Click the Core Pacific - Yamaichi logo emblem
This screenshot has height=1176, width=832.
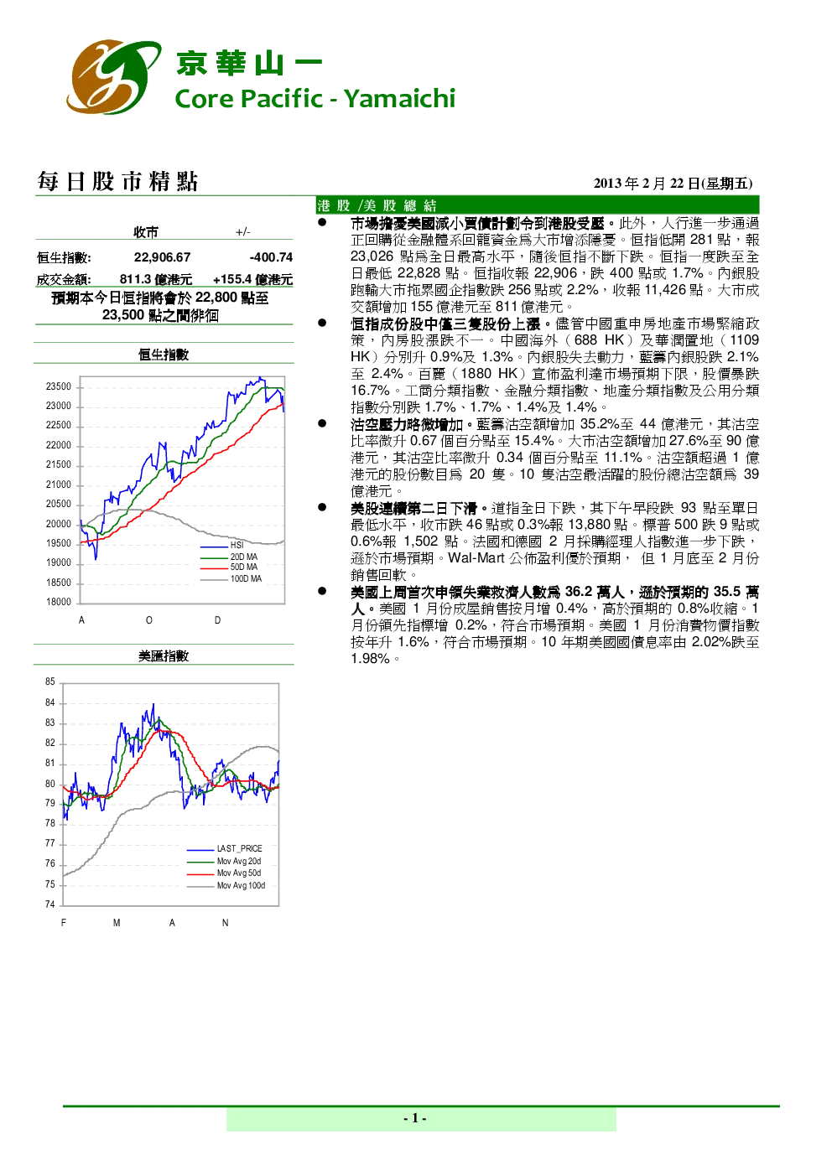pos(113,76)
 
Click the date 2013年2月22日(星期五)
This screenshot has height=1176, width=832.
pos(673,184)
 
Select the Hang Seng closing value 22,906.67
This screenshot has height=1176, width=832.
pos(163,257)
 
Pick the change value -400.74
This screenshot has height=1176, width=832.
pos(271,257)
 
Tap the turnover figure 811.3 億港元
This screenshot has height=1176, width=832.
pos(156,279)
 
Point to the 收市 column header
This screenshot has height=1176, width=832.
pos(145,232)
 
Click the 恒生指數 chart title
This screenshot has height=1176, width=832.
pos(164,355)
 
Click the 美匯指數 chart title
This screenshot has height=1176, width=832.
pos(164,655)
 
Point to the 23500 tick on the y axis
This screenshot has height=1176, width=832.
pos(59,386)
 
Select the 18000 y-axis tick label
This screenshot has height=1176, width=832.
pos(59,602)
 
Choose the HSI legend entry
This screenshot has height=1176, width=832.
pos(221,546)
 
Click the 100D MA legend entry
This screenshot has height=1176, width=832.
pos(231,578)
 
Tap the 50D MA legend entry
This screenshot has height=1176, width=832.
pos(228,567)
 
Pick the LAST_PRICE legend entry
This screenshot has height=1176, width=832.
pos(224,848)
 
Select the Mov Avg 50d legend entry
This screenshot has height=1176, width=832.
pos(224,873)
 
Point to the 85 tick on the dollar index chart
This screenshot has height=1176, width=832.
pos(49,681)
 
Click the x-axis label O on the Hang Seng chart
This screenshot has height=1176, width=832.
pos(149,620)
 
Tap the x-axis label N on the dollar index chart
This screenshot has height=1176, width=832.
pos(226,922)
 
